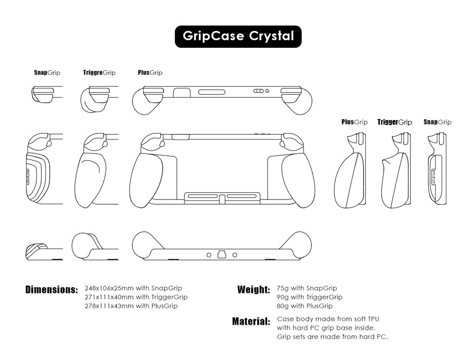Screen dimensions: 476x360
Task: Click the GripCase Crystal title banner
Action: point(238,36)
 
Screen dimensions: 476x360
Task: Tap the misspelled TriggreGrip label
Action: point(99,73)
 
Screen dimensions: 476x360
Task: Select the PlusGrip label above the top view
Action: point(150,73)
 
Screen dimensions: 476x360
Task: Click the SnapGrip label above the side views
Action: point(437,122)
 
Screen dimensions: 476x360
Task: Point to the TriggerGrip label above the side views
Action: point(395,122)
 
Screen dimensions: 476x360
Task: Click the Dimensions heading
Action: point(52,290)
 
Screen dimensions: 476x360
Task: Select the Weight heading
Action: point(254,289)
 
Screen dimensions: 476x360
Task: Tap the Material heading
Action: point(251,321)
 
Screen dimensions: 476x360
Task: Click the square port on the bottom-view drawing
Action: point(222,254)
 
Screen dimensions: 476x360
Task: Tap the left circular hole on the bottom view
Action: point(209,255)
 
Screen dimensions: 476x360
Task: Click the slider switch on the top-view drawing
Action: point(258,91)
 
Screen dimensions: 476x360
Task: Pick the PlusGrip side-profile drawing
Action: point(350,171)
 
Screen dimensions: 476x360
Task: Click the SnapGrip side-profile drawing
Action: point(437,169)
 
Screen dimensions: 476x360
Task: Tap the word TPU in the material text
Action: point(373,319)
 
